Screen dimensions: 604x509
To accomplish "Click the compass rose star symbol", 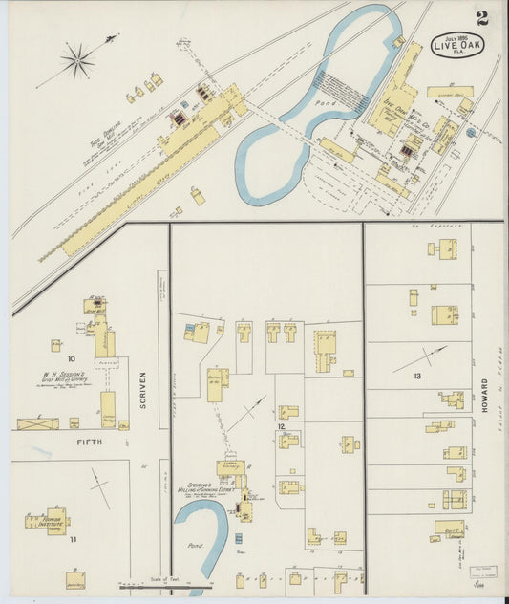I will (76, 61).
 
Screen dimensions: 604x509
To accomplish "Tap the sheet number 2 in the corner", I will (482, 18).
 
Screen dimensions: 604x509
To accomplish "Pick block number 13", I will (416, 377).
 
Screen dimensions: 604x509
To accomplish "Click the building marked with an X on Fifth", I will (38, 423).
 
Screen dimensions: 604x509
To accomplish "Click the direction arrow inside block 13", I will (419, 359).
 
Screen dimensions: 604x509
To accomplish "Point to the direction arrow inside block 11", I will (100, 487).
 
